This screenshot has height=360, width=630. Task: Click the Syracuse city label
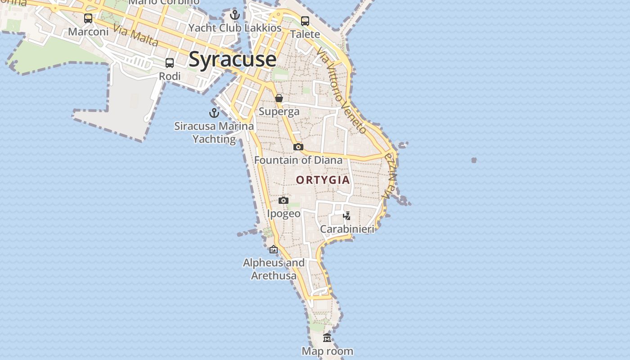(x=232, y=60)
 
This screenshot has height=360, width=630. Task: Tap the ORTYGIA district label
(x=323, y=180)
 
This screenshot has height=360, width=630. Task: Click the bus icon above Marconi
(x=88, y=18)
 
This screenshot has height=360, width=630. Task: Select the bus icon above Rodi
(x=170, y=63)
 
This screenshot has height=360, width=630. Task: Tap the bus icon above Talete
(x=305, y=21)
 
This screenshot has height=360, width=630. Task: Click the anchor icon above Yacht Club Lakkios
(x=234, y=15)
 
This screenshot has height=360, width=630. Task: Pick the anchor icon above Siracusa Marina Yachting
(x=214, y=113)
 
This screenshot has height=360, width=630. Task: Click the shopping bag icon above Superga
(x=279, y=98)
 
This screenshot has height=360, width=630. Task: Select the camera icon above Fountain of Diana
(x=298, y=147)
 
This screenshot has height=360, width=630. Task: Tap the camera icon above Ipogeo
(x=283, y=200)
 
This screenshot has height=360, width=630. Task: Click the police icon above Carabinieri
(x=346, y=216)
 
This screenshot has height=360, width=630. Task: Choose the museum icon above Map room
(x=327, y=337)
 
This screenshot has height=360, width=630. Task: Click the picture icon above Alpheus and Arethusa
(x=274, y=249)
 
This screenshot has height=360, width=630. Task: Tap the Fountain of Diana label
(x=298, y=160)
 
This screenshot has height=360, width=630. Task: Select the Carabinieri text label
(x=347, y=229)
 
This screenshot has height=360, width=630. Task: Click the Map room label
(x=327, y=351)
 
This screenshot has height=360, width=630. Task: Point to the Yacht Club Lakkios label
(x=235, y=28)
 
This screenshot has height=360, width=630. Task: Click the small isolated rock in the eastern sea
(x=473, y=160)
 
